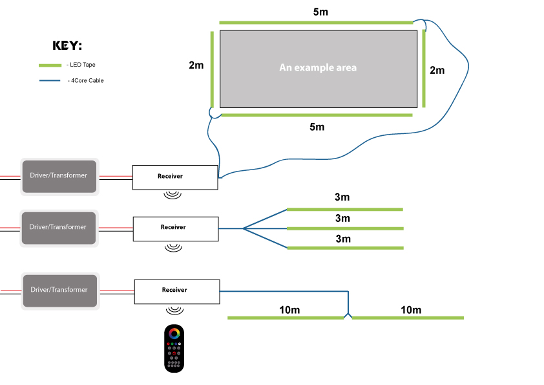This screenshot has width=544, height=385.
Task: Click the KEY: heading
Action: (x=67, y=45)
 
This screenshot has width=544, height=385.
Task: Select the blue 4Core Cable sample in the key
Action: (x=50, y=81)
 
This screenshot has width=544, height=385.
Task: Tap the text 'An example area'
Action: (x=317, y=67)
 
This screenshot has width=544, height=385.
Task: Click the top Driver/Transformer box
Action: (x=59, y=176)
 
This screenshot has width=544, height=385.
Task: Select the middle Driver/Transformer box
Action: (x=58, y=228)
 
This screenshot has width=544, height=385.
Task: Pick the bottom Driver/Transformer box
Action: (x=59, y=290)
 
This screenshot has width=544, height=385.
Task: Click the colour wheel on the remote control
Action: (x=174, y=334)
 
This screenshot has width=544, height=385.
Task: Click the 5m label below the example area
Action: (x=317, y=127)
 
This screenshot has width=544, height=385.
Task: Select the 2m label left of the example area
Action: (x=196, y=66)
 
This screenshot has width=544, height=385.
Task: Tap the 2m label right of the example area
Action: (x=437, y=70)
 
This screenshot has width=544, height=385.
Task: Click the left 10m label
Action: (x=289, y=310)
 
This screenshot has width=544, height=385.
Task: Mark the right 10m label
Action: (x=411, y=310)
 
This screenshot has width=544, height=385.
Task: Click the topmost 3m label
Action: (x=342, y=197)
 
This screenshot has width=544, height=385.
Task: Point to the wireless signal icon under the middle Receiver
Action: (x=173, y=247)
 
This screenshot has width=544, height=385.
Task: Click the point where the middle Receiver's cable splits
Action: (x=244, y=228)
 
